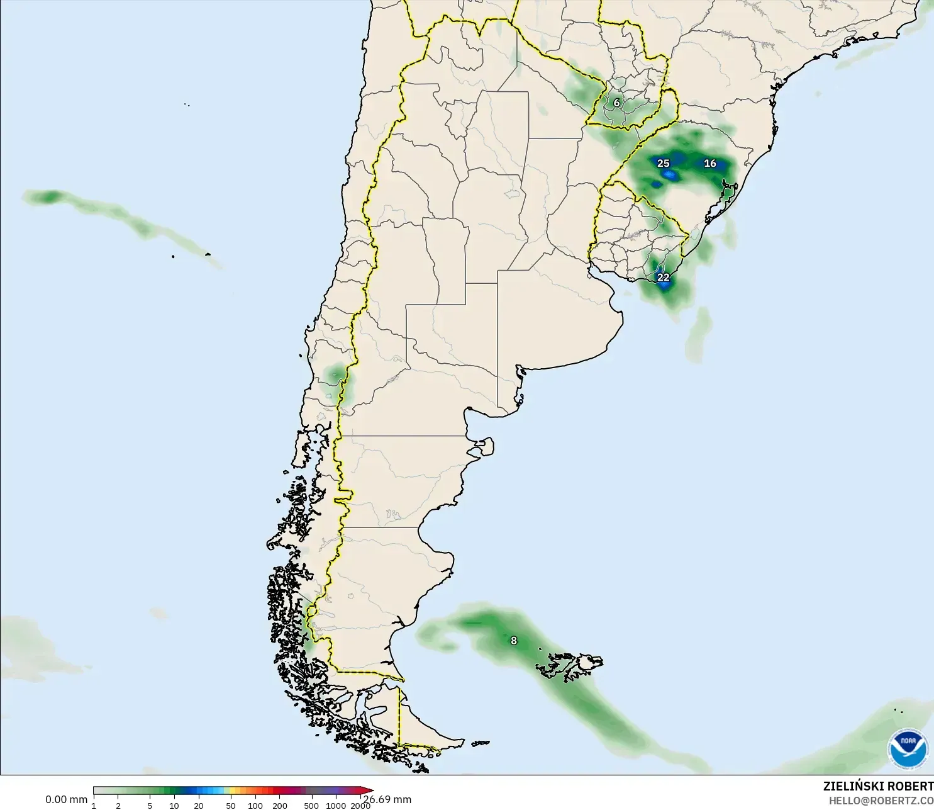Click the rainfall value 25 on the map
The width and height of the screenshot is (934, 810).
pos(663,163)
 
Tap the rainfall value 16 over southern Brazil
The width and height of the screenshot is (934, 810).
pos(710,163)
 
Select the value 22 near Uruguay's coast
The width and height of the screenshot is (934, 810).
pos(663,277)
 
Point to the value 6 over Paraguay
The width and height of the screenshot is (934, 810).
pos(616,103)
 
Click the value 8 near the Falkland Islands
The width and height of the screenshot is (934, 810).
pos(514,641)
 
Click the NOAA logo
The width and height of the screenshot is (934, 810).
pos(908,748)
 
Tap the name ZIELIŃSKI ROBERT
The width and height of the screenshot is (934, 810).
pos(878,786)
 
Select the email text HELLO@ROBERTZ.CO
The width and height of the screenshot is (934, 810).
pos(881,801)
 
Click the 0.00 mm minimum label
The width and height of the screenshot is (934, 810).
pos(66,799)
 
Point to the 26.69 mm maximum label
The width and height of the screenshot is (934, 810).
pos(388,799)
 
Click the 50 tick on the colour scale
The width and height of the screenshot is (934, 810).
pos(231,806)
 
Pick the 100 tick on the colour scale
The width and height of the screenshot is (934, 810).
pos(255,806)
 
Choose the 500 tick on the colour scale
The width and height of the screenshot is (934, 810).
pos(311,806)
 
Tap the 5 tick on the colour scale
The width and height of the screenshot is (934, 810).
pos(150,806)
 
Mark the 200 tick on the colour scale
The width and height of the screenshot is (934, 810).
pos(280,806)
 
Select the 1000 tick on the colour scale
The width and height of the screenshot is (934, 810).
pos(336,806)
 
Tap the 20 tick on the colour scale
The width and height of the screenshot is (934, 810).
pos(199,806)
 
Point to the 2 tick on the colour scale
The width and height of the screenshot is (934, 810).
pos(118,806)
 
